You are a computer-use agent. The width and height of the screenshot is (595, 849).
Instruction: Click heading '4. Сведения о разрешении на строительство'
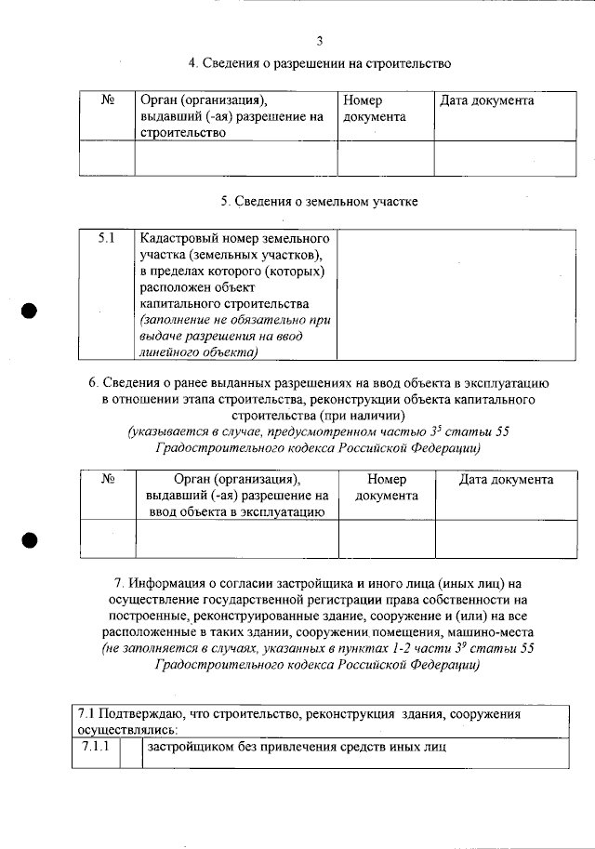click(320, 63)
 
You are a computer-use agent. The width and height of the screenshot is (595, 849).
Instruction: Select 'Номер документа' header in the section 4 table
click(375, 109)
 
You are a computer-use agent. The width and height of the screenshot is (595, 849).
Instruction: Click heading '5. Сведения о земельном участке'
click(319, 201)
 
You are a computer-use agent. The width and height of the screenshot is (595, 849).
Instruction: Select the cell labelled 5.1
click(107, 239)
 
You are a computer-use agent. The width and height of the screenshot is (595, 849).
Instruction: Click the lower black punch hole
click(30, 539)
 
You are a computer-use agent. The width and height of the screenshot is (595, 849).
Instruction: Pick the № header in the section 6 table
click(107, 480)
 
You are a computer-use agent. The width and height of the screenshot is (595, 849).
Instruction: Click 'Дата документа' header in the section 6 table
click(507, 480)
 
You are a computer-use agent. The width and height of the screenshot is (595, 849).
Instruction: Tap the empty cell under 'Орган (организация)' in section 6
click(236, 538)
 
